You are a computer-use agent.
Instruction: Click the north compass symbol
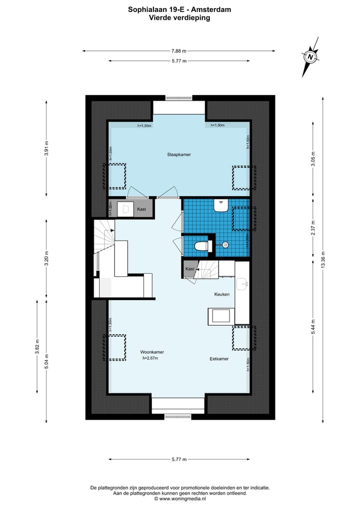(x=310, y=57)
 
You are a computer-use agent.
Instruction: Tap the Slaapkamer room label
(x=179, y=154)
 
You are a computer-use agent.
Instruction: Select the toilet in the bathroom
(x=201, y=246)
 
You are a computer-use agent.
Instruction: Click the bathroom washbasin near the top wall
(x=221, y=205)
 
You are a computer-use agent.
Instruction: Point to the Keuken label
(x=222, y=294)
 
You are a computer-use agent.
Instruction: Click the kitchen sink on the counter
(x=242, y=284)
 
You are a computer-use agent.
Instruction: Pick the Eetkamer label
(x=219, y=359)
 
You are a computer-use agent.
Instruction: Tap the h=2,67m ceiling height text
(x=150, y=358)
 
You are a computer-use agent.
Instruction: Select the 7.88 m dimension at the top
(x=179, y=51)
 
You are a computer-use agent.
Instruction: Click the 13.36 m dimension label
(x=322, y=260)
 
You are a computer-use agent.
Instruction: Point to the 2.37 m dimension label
(x=313, y=227)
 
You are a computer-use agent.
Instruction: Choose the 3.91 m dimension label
(x=46, y=148)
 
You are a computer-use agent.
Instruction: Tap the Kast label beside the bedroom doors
(x=141, y=209)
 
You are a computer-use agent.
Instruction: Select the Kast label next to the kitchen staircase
(x=189, y=269)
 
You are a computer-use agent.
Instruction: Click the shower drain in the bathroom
(x=225, y=245)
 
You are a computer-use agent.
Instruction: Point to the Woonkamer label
(x=152, y=352)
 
